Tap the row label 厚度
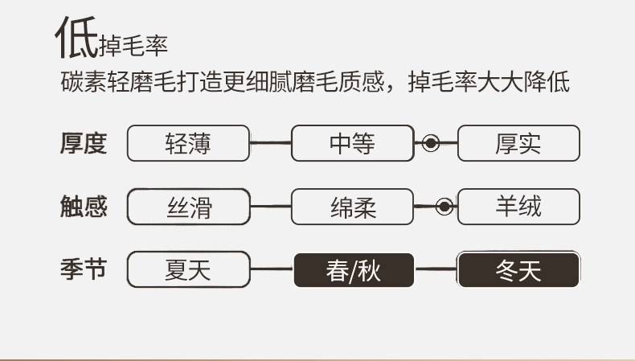(83, 143)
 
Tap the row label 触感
(83, 207)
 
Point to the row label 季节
(83, 269)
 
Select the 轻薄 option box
(188, 143)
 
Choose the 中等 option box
(352, 143)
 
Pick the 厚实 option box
(518, 143)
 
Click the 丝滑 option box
(188, 207)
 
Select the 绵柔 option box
(352, 207)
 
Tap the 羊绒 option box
(518, 207)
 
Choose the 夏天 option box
(188, 270)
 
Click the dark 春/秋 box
(353, 270)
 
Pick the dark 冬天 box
(518, 270)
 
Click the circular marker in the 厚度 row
(431, 144)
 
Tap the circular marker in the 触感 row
(443, 207)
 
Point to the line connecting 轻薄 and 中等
(270, 144)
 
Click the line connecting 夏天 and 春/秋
(271, 270)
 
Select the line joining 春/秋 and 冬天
(436, 270)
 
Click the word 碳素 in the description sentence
(80, 83)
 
